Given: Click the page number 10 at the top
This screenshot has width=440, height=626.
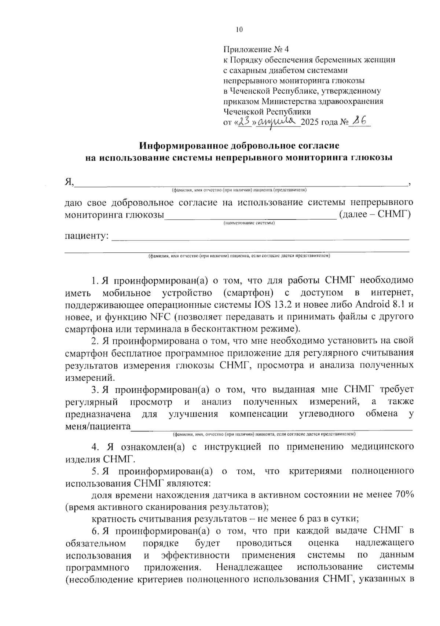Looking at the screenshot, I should [239, 30].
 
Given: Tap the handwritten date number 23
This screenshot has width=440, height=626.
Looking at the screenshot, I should [245, 121].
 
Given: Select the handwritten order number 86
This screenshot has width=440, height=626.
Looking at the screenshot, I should [358, 121].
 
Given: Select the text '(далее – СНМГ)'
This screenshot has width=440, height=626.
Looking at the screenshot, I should [375, 214].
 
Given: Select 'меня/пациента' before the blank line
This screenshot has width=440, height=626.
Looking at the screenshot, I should [98, 427].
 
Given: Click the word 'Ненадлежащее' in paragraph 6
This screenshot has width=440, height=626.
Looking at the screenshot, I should [249, 567].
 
